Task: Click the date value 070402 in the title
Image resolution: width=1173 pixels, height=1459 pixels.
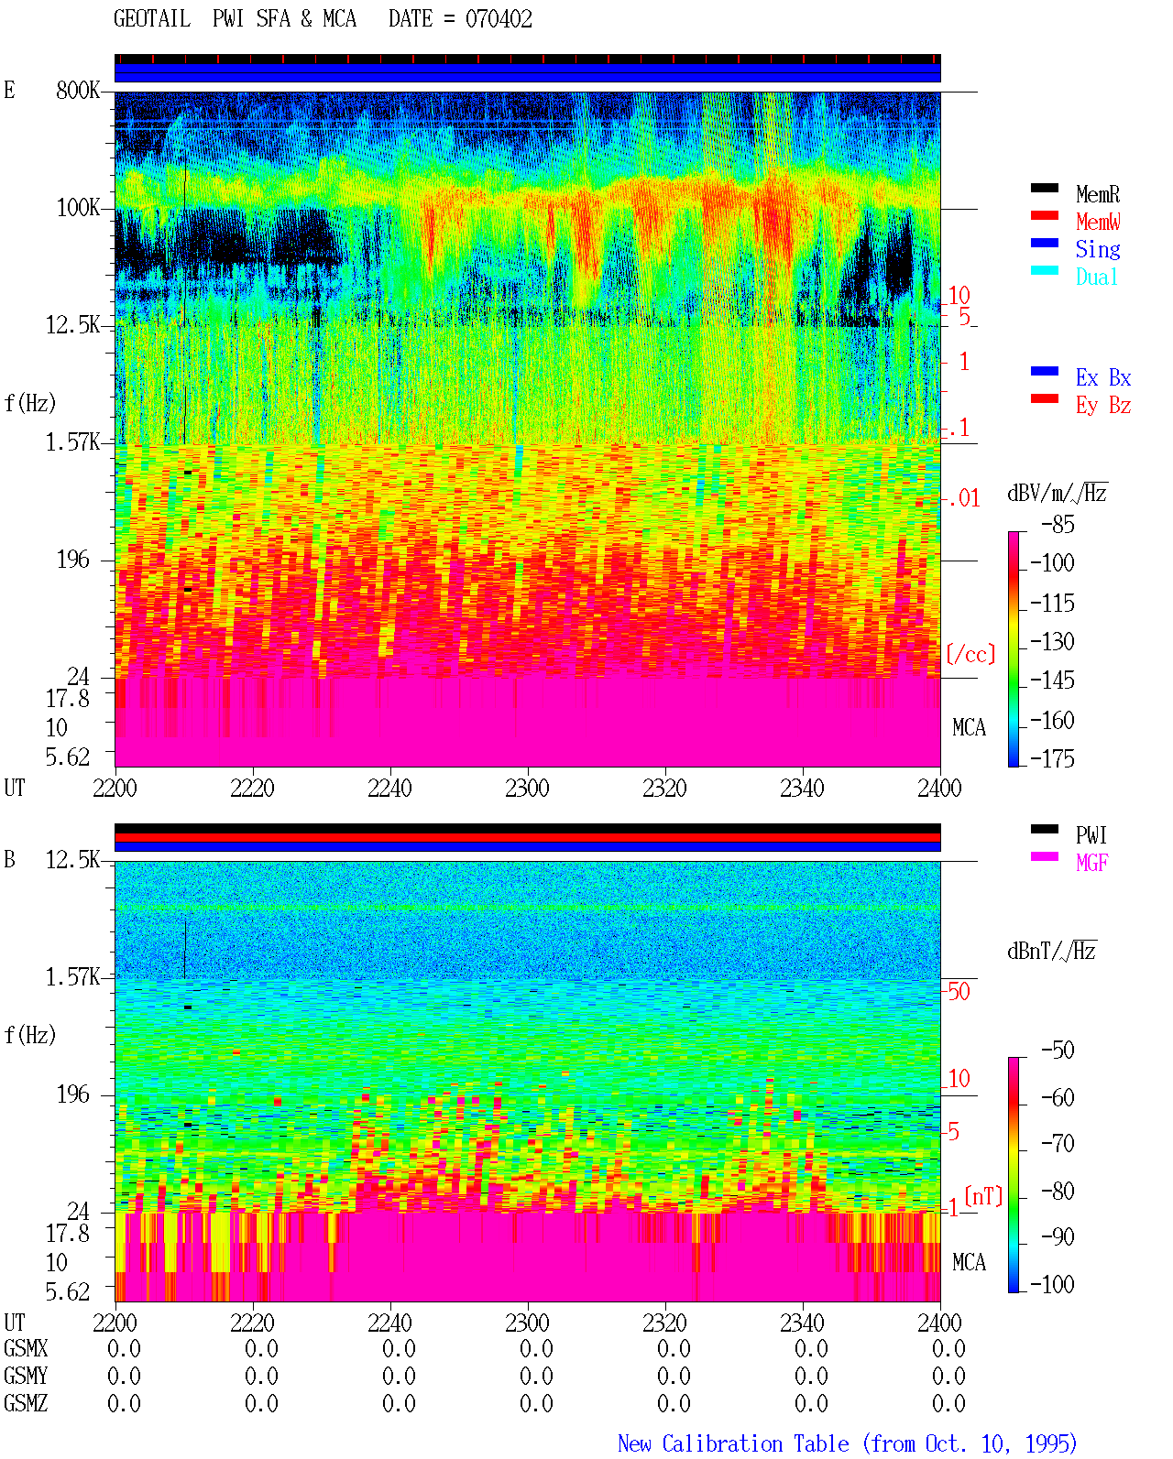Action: click(x=499, y=19)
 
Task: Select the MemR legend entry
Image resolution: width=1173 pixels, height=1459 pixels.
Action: click(x=1098, y=194)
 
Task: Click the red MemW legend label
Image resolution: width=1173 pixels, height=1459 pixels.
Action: click(x=1098, y=222)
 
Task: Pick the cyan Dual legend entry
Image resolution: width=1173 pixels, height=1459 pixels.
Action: click(x=1096, y=277)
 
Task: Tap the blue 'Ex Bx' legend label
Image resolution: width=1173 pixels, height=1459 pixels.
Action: click(x=1103, y=377)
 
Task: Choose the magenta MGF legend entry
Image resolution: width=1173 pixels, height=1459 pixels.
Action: click(x=1091, y=863)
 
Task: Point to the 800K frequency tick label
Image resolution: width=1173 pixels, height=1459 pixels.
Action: click(x=77, y=90)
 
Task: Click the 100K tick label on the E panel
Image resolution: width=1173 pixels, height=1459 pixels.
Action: click(x=77, y=208)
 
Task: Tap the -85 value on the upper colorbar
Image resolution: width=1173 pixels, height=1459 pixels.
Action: click(x=1058, y=524)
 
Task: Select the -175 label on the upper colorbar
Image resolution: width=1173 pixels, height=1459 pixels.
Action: click(x=1052, y=758)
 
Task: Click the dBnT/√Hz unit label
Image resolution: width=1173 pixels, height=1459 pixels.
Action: click(x=1052, y=952)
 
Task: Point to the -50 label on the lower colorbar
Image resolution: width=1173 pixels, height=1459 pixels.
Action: click(x=1058, y=1051)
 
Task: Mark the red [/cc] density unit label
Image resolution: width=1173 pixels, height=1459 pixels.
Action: click(x=970, y=654)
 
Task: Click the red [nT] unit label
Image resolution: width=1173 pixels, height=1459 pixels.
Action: click(x=983, y=1196)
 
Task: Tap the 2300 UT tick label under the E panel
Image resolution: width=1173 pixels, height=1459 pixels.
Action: click(x=527, y=788)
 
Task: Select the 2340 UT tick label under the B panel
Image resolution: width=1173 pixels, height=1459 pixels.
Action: click(x=802, y=1323)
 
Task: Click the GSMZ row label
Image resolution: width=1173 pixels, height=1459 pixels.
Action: click(x=26, y=1403)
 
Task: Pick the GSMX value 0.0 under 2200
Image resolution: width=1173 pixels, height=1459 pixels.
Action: click(x=124, y=1348)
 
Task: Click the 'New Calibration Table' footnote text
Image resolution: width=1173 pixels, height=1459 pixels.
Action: click(x=733, y=1443)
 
